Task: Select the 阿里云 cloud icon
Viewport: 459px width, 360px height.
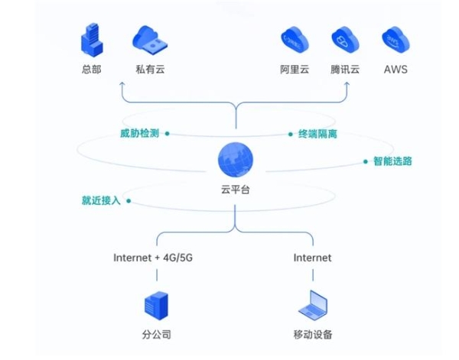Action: click(294, 39)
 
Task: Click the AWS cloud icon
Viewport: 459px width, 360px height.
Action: click(396, 39)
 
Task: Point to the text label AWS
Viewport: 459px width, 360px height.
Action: click(396, 70)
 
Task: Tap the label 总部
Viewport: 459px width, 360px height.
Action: click(91, 70)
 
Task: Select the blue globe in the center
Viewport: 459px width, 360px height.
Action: click(235, 161)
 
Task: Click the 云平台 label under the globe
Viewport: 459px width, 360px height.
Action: click(235, 189)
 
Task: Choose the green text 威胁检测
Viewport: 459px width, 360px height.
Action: click(138, 133)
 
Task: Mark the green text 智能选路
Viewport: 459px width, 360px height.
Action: click(392, 161)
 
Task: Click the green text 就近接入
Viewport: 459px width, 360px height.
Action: click(102, 201)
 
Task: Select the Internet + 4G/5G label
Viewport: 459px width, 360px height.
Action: click(153, 258)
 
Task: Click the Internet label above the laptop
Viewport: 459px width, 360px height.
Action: click(313, 258)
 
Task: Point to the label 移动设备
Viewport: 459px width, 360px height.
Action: click(313, 335)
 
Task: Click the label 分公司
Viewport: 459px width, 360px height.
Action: click(156, 335)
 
